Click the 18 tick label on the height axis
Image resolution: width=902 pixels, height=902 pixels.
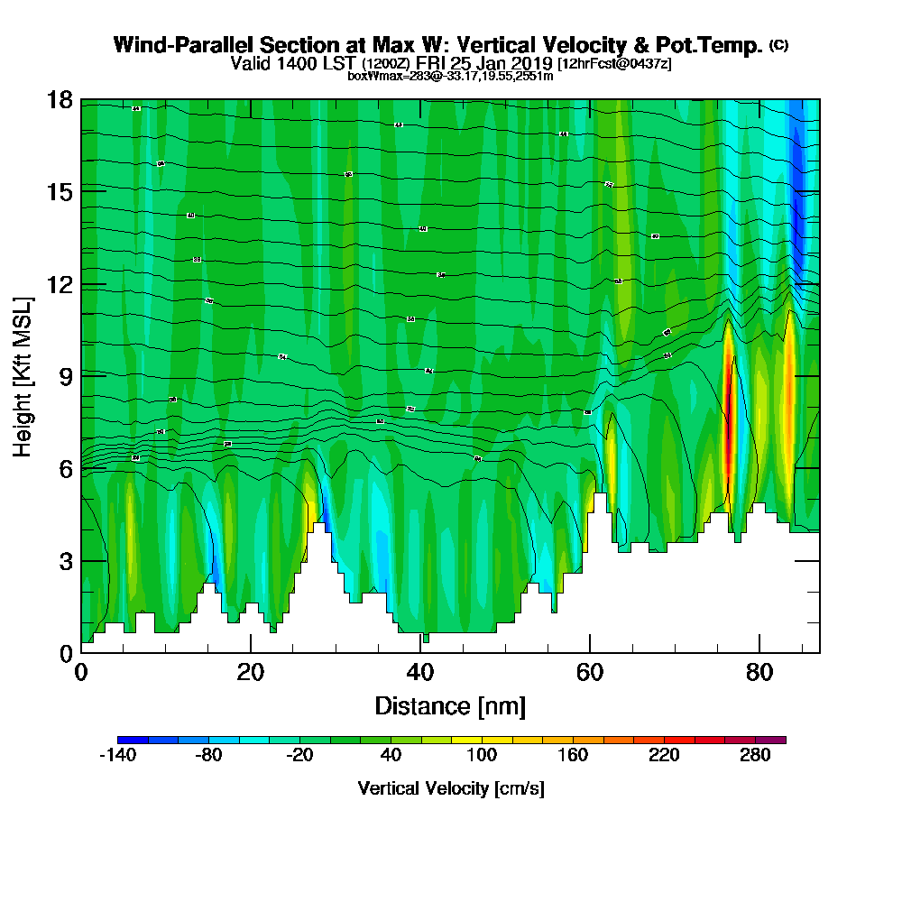point(60,99)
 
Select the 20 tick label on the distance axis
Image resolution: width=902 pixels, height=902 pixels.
point(251,673)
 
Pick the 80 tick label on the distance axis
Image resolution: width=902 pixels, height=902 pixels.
point(759,673)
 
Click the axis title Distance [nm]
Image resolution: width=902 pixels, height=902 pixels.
point(450,705)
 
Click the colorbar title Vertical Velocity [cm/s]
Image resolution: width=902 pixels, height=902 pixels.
point(451,788)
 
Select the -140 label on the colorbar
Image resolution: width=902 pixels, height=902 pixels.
point(117,756)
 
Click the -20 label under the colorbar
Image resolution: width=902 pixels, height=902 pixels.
point(299,756)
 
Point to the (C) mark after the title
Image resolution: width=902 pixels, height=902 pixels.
point(778,45)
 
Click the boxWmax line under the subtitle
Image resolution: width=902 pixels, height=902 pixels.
point(450,76)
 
